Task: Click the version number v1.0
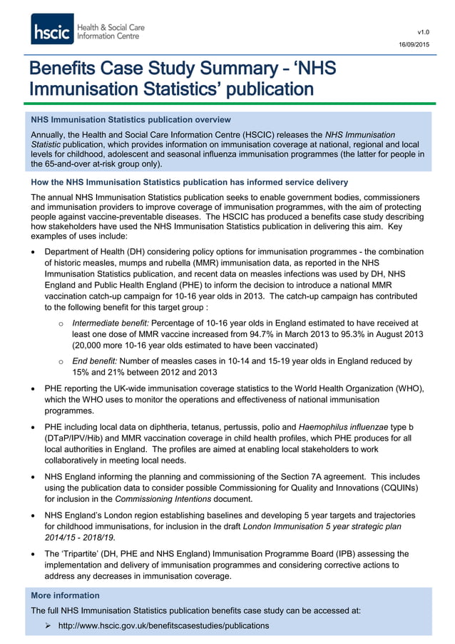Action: click(x=423, y=32)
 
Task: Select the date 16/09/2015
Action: click(x=414, y=46)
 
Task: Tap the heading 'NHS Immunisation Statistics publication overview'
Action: click(x=131, y=120)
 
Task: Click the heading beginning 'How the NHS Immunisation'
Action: click(x=189, y=183)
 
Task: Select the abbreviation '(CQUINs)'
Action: click(x=404, y=487)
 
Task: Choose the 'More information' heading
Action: click(x=66, y=595)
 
